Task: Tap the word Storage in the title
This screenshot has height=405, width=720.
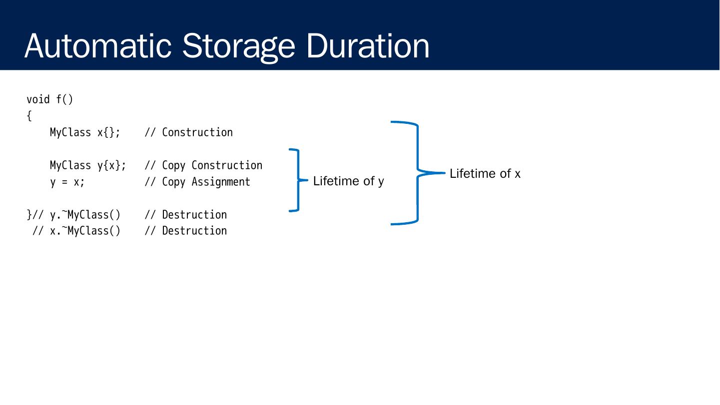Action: tap(239, 46)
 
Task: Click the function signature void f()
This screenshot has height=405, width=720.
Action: tap(49, 99)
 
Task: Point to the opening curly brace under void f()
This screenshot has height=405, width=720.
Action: tap(29, 116)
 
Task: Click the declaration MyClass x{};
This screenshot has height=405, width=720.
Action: tap(85, 132)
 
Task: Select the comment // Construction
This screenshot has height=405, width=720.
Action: tap(188, 132)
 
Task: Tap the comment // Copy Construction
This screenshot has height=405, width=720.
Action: tap(203, 165)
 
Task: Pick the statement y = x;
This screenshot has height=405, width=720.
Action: tap(67, 182)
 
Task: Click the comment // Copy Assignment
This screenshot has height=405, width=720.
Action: tap(197, 182)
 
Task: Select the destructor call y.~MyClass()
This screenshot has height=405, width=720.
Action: tap(85, 215)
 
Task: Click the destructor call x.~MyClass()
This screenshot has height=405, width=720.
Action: tap(85, 231)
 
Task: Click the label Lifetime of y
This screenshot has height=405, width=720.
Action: tap(348, 181)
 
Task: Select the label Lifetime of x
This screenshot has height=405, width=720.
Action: tap(485, 173)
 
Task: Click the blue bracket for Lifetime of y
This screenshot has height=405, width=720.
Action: tap(298, 180)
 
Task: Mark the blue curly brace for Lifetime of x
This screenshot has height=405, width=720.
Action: tap(417, 173)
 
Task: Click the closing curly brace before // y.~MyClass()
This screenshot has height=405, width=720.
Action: tap(29, 215)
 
